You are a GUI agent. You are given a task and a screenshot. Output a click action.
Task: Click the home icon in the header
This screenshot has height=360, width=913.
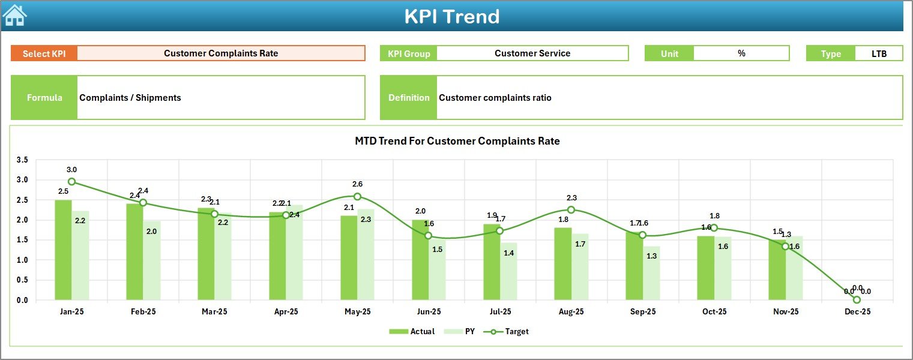point(14,16)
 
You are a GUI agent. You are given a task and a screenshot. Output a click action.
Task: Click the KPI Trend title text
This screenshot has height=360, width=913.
point(451,16)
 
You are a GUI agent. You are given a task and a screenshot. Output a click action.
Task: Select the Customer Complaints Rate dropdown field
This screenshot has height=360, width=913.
point(221,53)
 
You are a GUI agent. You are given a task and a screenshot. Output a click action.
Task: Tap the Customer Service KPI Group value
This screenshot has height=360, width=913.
point(532,53)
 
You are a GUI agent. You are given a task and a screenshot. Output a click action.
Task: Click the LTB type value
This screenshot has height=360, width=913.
point(879,53)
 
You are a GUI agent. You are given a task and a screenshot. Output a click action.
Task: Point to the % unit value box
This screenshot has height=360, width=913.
point(741,53)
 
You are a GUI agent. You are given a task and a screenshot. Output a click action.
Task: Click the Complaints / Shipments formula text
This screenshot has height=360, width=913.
point(130,98)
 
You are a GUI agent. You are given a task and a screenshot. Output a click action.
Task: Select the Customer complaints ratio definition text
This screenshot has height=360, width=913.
point(495,98)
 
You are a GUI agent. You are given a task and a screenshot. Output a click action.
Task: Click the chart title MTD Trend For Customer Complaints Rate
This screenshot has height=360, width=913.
point(457,141)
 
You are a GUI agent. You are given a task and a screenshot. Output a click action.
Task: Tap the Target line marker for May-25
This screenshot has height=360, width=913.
point(357,196)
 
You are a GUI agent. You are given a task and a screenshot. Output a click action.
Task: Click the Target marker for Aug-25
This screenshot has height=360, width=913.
point(571,209)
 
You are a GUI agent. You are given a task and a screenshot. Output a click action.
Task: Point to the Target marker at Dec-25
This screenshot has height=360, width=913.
point(857,299)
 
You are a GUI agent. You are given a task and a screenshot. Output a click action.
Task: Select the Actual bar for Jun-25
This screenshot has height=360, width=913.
point(420,261)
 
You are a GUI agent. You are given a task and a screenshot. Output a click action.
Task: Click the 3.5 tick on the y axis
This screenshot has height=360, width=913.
point(22,160)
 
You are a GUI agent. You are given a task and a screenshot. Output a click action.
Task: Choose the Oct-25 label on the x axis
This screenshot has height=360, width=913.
point(714,312)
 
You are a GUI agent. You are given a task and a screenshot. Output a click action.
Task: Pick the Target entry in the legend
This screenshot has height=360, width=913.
point(510,331)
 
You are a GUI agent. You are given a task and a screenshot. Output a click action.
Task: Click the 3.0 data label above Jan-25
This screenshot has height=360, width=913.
point(71,170)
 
